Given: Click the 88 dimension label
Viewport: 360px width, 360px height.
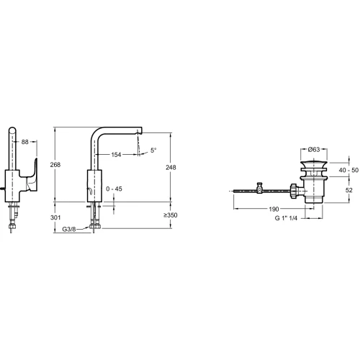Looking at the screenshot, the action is pos(25,142).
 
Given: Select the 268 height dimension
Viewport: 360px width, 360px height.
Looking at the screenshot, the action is pos(55,165).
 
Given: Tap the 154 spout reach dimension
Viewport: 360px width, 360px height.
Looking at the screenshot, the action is pos(116,155).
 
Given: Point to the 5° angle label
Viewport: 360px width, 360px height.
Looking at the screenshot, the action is pos(153,150).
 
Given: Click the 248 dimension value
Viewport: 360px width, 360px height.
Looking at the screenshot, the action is pos(171,167).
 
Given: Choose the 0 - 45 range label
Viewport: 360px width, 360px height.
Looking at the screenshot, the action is pos(114,189).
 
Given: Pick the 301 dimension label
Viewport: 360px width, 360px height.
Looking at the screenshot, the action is pos(55,217).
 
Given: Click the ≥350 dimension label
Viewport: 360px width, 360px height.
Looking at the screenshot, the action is pos(171,215).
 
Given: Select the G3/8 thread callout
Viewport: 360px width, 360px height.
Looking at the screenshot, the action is pos(69,229).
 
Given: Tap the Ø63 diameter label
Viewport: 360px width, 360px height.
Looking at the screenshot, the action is pos(314,150).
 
